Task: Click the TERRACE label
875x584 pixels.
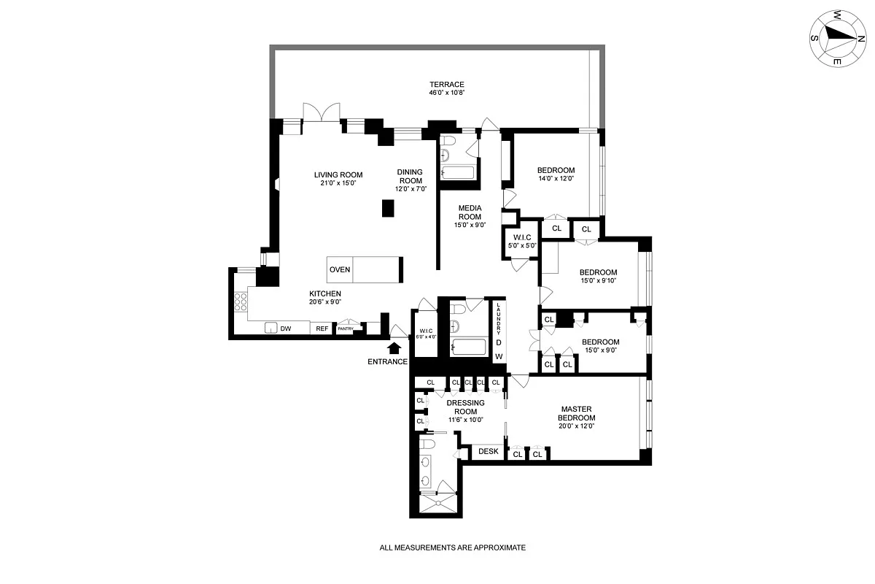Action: [446, 85]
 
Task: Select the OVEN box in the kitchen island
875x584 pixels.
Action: [340, 269]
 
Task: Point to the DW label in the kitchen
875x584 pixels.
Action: [286, 329]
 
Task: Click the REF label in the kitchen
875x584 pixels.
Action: [322, 329]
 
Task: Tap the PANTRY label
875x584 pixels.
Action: [346, 329]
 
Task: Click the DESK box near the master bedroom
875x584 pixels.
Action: [489, 452]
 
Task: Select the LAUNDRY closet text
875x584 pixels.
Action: [499, 319]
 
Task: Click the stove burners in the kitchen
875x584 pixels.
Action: [240, 301]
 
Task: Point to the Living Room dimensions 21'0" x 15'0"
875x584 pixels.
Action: [338, 183]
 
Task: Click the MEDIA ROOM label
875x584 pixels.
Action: [470, 212]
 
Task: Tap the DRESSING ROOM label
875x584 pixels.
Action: [466, 407]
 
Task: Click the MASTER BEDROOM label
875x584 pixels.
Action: [577, 413]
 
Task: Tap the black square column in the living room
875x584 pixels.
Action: [388, 207]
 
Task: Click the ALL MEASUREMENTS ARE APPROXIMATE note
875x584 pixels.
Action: [452, 547]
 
